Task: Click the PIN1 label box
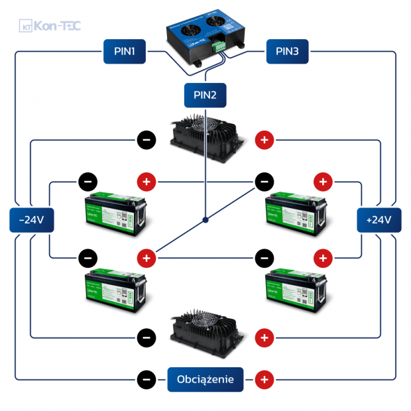[125, 52]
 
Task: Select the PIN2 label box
[205, 95]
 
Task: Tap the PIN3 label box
[287, 52]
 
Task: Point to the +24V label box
[379, 219]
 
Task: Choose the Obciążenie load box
[205, 379]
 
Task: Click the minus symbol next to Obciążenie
[146, 380]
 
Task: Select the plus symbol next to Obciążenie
[264, 380]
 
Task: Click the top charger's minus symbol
[146, 140]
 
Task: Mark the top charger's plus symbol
[264, 140]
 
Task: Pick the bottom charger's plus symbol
[264, 338]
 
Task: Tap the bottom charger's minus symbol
[146, 338]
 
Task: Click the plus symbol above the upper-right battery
[323, 181]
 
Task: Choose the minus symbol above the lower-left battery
[87, 257]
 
